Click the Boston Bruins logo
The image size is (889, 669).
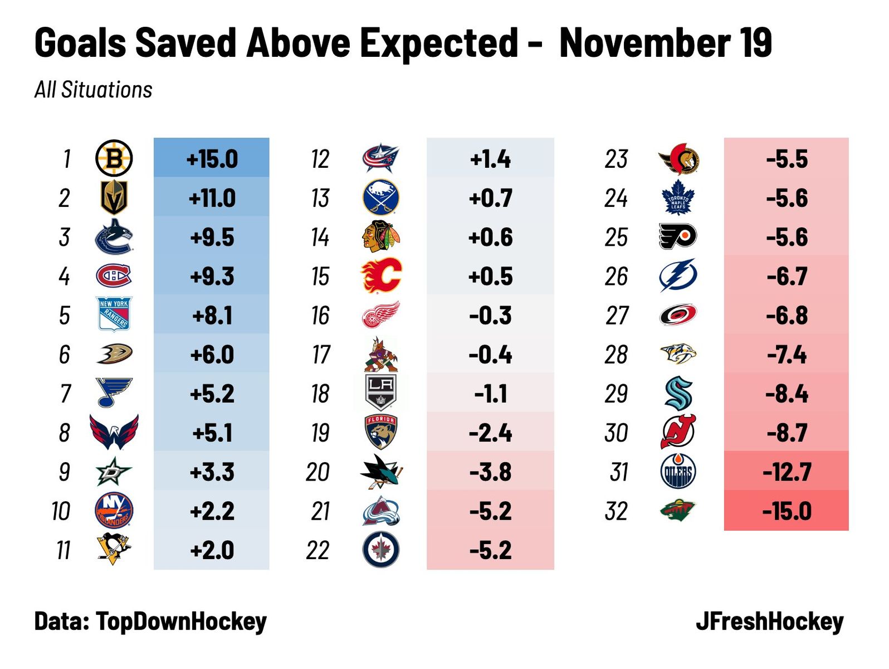click(x=114, y=159)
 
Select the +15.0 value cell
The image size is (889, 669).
click(x=212, y=159)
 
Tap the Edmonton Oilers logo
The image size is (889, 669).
click(x=678, y=472)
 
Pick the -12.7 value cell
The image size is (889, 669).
click(x=787, y=472)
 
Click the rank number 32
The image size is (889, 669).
click(x=616, y=511)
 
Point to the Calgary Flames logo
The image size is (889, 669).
click(x=381, y=276)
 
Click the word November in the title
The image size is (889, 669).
click(x=644, y=42)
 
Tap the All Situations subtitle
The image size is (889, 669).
click(x=94, y=90)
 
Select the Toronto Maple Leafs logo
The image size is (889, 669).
click(x=678, y=198)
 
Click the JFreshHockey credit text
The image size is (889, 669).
click(x=770, y=621)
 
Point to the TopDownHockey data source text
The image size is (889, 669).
click(x=181, y=621)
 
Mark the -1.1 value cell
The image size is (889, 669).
click(x=490, y=394)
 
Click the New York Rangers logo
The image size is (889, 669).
click(x=114, y=314)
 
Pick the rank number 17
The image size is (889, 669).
click(x=321, y=355)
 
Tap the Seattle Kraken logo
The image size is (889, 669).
click(x=678, y=394)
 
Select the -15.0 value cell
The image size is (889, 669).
click(x=787, y=511)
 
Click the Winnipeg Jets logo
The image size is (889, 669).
click(x=381, y=550)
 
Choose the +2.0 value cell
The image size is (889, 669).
click(x=212, y=550)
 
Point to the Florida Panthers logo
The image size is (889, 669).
click(x=381, y=433)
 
